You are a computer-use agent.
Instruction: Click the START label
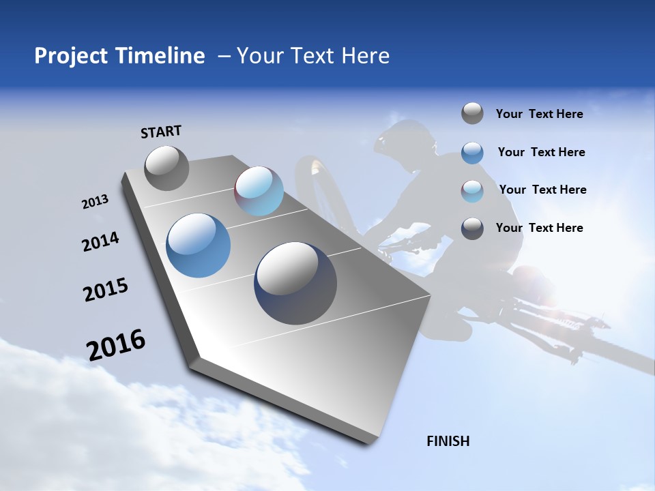tap(161, 132)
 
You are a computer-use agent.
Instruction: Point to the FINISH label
tap(448, 441)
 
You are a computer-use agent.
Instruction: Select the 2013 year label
tap(95, 202)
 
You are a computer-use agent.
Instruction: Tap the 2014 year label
tap(100, 242)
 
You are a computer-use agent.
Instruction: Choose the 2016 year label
tap(116, 345)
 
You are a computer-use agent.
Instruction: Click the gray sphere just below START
tap(166, 168)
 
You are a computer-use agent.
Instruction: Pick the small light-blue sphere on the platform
tap(259, 191)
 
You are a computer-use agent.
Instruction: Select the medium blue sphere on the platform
tap(198, 245)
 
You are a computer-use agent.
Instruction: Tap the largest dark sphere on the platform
tap(295, 283)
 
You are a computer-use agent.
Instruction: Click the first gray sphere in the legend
tap(472, 113)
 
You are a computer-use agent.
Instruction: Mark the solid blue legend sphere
tap(472, 153)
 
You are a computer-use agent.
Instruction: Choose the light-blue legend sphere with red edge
tap(472, 191)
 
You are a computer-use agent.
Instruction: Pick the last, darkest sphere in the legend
tap(472, 228)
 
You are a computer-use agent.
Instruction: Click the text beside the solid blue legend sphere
tap(541, 152)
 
